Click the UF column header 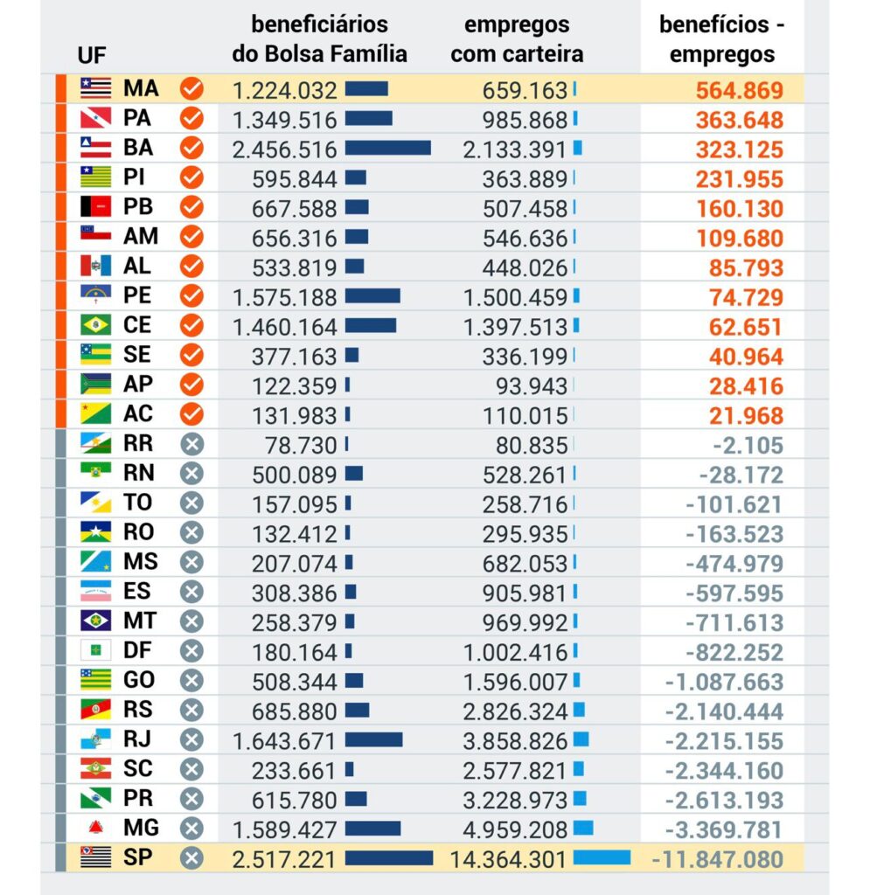92,55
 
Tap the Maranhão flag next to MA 95,87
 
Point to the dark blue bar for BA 387,149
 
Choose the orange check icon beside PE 191,296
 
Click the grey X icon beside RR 191,444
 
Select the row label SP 137,857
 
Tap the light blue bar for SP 602,858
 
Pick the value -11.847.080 717,859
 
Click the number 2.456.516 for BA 284,149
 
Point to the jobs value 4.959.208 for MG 516,829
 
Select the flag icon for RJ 95,739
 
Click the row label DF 137,650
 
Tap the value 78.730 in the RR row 300,445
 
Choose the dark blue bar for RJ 373,740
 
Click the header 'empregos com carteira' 516,39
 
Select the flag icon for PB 95,207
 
